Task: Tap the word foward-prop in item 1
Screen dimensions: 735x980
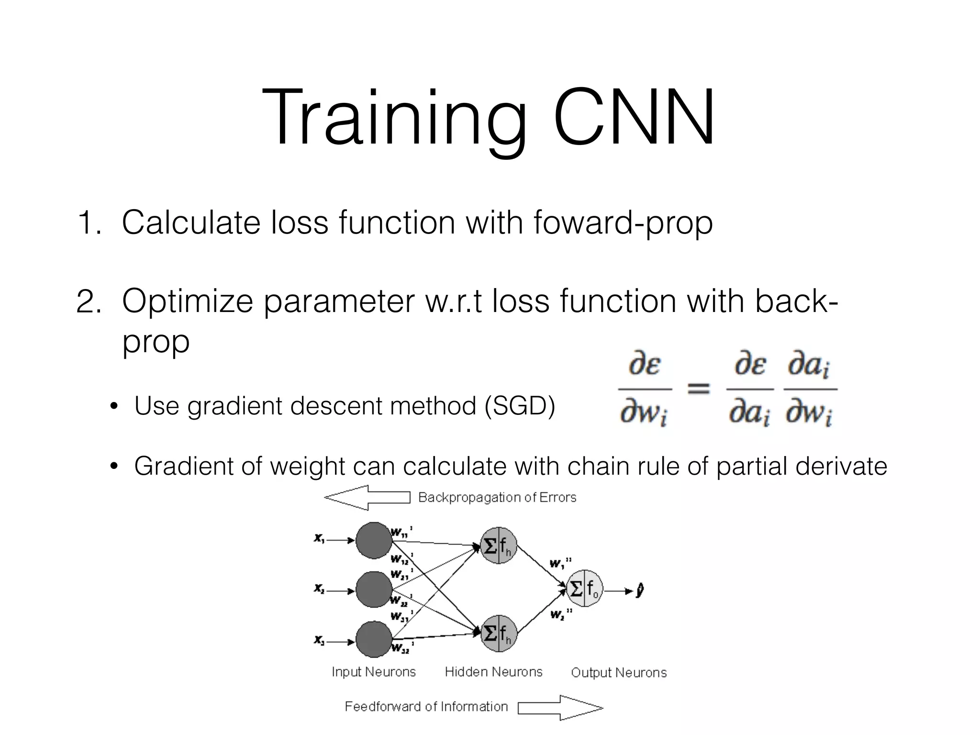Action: (623, 223)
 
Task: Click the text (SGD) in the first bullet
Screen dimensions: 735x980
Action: (519, 406)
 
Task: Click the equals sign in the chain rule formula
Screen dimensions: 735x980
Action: (698, 388)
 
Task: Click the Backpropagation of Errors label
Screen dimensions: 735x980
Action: (497, 498)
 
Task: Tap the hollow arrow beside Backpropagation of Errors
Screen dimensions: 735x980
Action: (367, 498)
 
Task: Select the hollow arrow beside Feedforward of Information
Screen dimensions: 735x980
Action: (560, 708)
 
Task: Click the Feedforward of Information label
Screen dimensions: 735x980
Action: (426, 707)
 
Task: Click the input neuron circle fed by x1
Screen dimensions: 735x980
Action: (374, 540)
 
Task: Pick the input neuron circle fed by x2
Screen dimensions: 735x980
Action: (374, 590)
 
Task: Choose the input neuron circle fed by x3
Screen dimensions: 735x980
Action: (374, 640)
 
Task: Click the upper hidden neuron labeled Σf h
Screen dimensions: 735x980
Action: (498, 546)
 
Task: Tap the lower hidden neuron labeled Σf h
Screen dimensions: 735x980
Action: (498, 633)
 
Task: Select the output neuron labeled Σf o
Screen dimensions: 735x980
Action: (584, 589)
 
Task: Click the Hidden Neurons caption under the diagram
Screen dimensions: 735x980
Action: (493, 672)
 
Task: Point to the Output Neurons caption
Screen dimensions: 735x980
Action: (618, 673)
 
